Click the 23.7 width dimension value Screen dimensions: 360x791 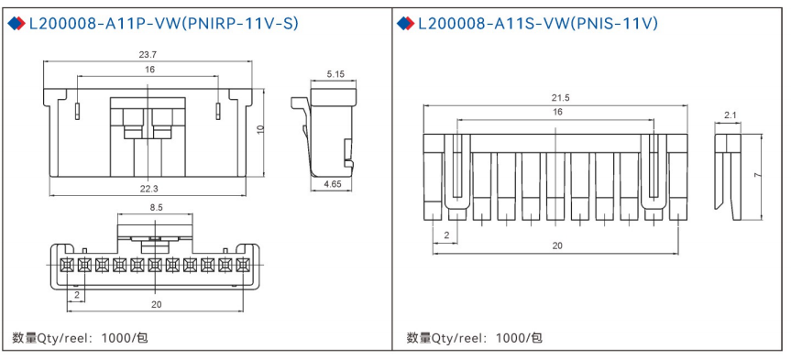tap(148, 54)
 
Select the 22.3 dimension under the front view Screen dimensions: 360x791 tap(148, 188)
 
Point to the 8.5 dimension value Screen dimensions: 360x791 tap(156, 208)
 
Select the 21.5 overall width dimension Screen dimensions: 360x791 tap(559, 97)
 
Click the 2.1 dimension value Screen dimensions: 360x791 tap(730, 115)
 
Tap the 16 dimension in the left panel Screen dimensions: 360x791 tap(148, 70)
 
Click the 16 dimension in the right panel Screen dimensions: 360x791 tap(557, 111)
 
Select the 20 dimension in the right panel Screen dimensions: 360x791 tap(557, 245)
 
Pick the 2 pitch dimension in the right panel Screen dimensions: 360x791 tap(446, 235)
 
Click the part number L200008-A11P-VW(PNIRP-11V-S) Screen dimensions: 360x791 tap(164, 23)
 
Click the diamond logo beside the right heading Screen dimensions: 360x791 tap(406, 23)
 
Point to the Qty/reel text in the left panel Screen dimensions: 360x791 tap(80, 337)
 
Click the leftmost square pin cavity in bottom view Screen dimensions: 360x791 tap(66, 264)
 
